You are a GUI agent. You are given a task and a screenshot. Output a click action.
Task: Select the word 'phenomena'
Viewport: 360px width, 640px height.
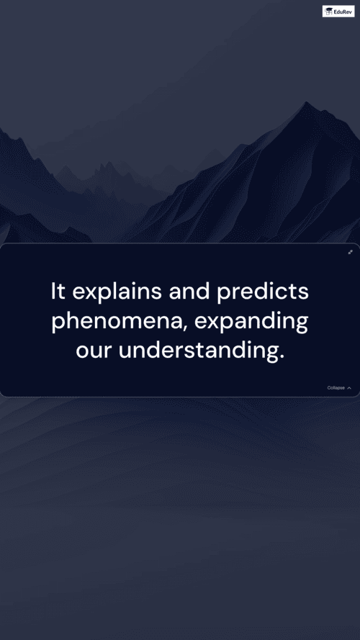[117, 322]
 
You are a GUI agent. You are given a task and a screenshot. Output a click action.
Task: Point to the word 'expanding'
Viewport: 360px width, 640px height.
[251, 322]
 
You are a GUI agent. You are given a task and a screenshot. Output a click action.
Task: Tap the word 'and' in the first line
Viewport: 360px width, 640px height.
[189, 292]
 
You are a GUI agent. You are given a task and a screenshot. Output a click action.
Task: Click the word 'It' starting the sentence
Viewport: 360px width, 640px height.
[58, 292]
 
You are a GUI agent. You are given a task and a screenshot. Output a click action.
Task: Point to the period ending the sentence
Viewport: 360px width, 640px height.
[282, 359]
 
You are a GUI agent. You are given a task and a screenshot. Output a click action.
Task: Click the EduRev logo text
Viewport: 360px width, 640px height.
[343, 12]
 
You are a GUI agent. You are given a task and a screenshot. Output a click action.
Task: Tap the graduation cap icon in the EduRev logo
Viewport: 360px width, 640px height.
[328, 12]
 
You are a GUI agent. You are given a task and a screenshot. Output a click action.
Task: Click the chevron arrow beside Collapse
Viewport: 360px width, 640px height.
[349, 388]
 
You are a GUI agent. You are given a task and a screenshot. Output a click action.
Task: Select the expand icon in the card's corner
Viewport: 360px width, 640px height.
[350, 252]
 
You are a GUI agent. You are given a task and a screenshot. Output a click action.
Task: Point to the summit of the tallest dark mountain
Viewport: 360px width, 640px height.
[307, 102]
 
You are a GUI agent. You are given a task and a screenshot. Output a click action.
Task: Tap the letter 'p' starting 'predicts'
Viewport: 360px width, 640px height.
[223, 294]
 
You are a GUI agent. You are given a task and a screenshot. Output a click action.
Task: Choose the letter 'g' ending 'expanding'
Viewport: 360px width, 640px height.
[302, 325]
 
